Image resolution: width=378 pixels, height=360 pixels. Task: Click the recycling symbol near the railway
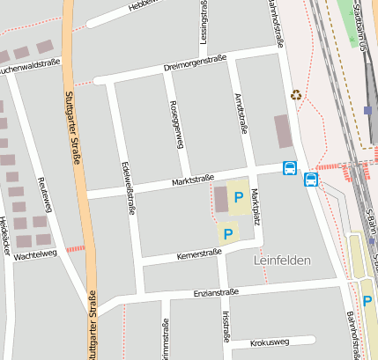296,94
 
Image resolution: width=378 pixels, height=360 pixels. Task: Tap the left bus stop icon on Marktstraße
289,168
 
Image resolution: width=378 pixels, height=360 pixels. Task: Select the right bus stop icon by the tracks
310,180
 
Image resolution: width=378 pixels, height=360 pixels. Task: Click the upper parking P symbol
238,197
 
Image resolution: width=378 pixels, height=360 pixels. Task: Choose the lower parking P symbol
227,233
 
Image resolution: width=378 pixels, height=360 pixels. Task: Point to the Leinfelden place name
283,261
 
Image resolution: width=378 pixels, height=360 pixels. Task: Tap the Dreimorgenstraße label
195,63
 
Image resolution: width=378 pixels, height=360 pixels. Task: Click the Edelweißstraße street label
129,187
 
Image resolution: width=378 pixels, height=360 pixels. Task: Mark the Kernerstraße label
198,253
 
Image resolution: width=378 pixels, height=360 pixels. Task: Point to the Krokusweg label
270,342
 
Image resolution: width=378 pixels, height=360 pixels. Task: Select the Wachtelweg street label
35,253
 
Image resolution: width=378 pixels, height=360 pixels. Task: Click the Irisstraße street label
226,325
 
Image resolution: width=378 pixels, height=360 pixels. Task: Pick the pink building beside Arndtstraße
283,131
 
